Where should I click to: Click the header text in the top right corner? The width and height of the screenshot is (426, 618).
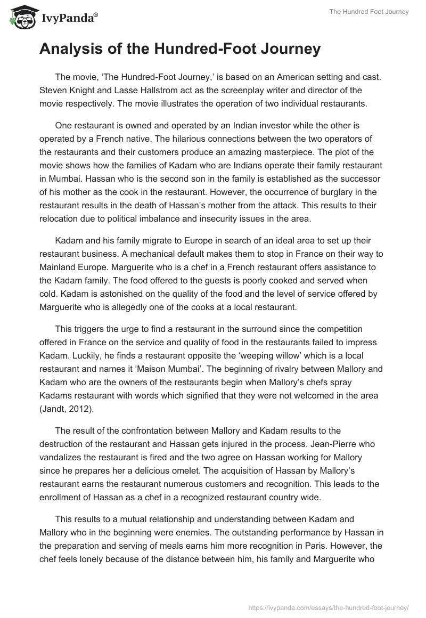[376, 12]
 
